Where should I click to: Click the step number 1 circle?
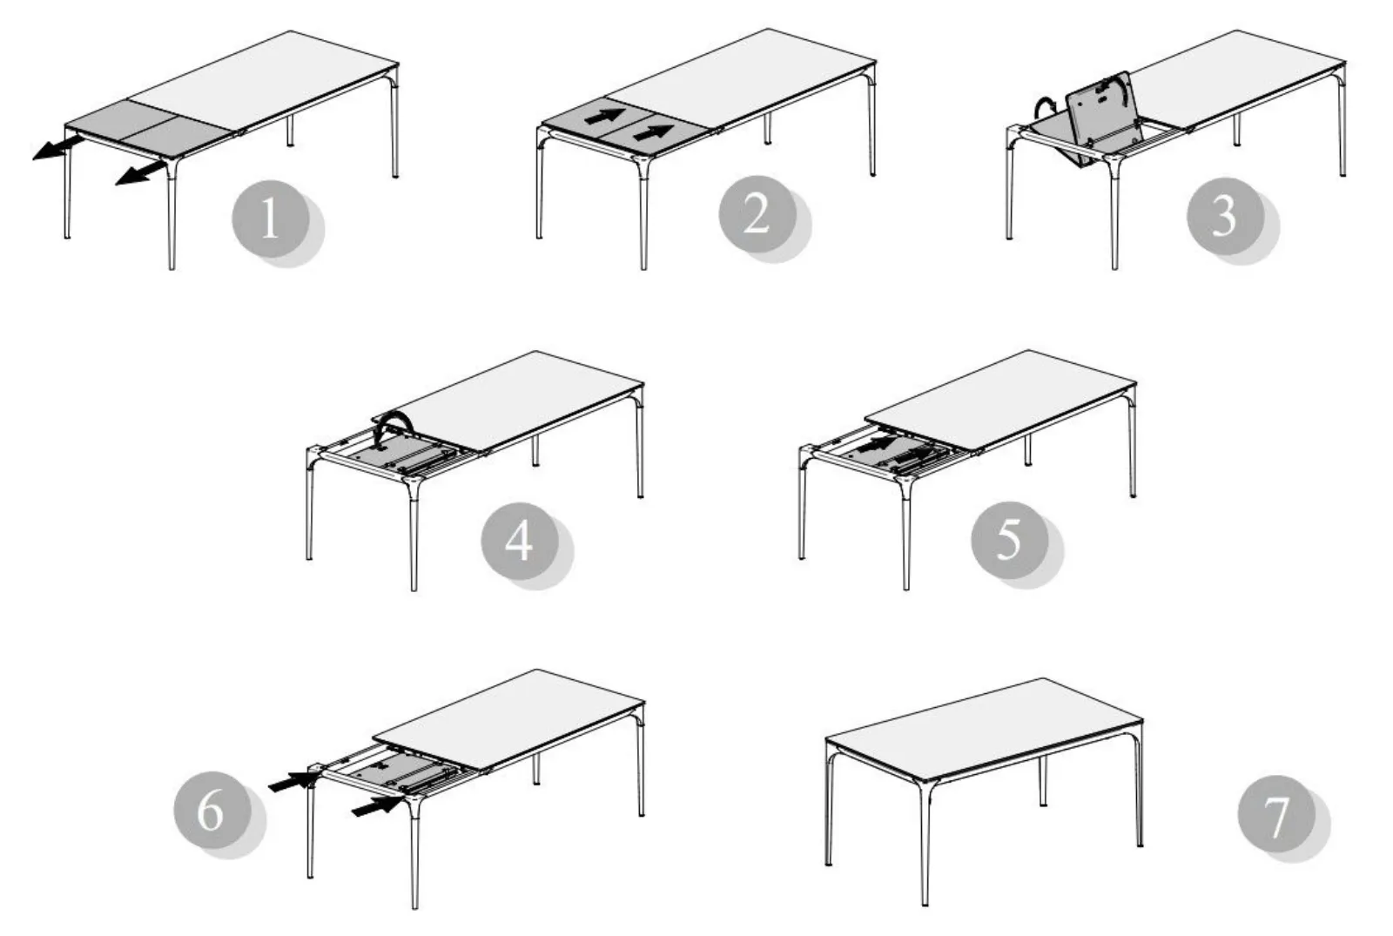tap(271, 219)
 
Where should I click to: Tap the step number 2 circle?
tap(757, 214)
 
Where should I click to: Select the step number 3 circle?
tap(1225, 217)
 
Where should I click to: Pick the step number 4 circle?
tap(519, 541)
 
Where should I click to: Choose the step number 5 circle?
tap(1009, 540)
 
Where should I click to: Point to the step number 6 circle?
tap(212, 811)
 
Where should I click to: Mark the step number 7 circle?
tap(1276, 814)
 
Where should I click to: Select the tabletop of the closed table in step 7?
tap(985, 729)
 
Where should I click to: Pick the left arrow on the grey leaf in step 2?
tap(604, 117)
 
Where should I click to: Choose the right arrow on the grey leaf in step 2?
tap(654, 132)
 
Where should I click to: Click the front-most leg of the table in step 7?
tap(925, 844)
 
